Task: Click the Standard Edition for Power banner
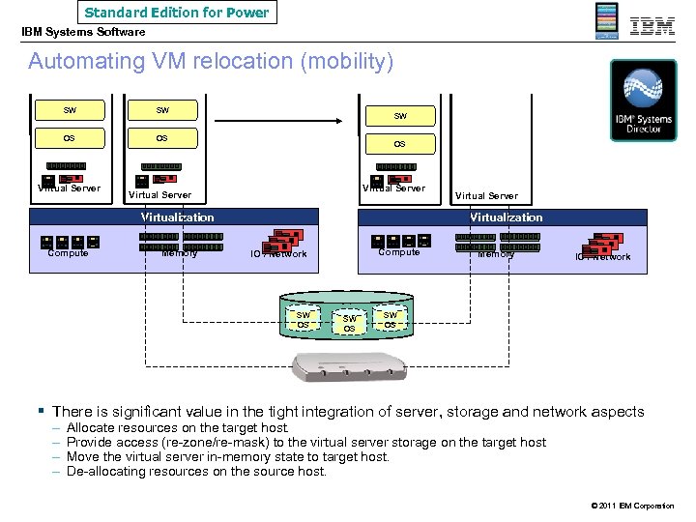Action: (x=178, y=13)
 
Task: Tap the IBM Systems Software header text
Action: (x=84, y=33)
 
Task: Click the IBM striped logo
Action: (x=652, y=26)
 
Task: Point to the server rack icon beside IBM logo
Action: (x=606, y=21)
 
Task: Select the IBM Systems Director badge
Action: (x=643, y=101)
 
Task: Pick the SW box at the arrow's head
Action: (x=399, y=116)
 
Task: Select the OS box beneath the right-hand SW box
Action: (x=399, y=144)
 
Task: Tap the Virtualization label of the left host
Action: (x=177, y=217)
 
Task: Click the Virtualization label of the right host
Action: (x=506, y=217)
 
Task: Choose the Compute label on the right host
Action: (x=399, y=252)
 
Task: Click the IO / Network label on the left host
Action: (x=278, y=254)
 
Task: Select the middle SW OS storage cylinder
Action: (x=350, y=323)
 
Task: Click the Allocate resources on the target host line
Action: (x=177, y=427)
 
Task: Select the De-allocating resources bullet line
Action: (x=196, y=472)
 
